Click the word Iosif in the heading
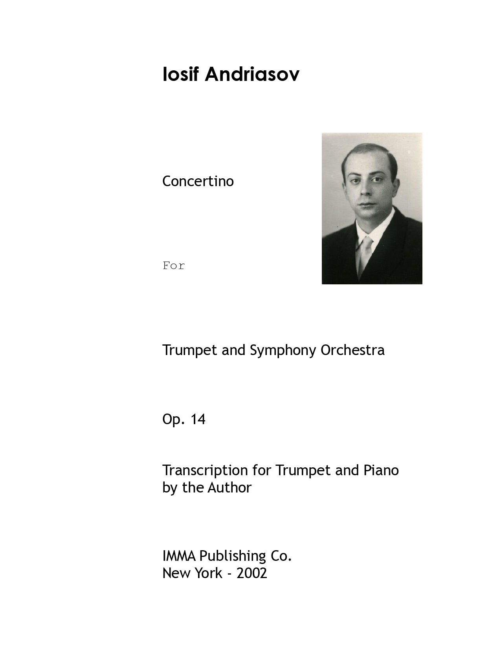click(x=180, y=74)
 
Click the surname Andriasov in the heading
click(x=252, y=74)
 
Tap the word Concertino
click(x=198, y=181)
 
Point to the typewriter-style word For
click(x=174, y=266)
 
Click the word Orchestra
click(x=352, y=350)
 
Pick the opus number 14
click(x=198, y=419)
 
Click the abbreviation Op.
click(x=173, y=420)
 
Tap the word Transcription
click(x=205, y=470)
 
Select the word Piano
click(x=381, y=470)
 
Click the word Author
click(x=229, y=487)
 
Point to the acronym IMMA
click(x=179, y=556)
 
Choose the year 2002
click(x=252, y=573)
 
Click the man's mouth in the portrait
click(x=365, y=205)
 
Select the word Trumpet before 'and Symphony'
click(x=190, y=350)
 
